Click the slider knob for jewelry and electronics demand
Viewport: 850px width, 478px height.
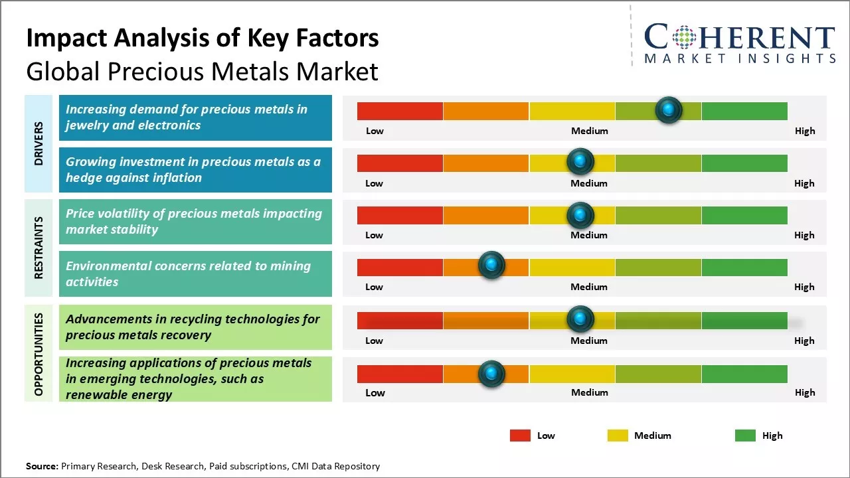(x=669, y=110)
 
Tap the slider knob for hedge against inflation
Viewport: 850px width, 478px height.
(x=580, y=161)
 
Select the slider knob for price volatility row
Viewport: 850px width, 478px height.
(x=580, y=214)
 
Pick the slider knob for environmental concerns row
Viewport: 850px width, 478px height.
(x=491, y=266)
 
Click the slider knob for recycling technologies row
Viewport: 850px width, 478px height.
(x=580, y=319)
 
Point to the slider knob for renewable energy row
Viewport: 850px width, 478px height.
(x=491, y=374)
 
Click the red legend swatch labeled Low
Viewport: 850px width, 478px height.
(x=520, y=436)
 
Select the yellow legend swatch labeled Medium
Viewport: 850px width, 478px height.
(x=618, y=436)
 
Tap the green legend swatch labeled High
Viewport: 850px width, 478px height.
(x=745, y=436)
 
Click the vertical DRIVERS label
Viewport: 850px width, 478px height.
(x=39, y=143)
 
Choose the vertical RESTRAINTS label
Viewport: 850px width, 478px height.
(x=39, y=248)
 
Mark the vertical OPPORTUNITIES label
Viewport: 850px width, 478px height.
(x=39, y=354)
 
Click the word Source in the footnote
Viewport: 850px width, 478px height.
(x=42, y=466)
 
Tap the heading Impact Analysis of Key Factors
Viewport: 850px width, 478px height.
(x=202, y=38)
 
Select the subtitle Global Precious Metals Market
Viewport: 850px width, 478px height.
(x=202, y=71)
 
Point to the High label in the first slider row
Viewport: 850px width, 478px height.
(x=804, y=131)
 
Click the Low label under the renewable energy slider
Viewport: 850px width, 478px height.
(x=375, y=392)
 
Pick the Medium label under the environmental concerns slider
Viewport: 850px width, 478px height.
(x=589, y=287)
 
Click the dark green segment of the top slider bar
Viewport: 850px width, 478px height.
(x=744, y=111)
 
